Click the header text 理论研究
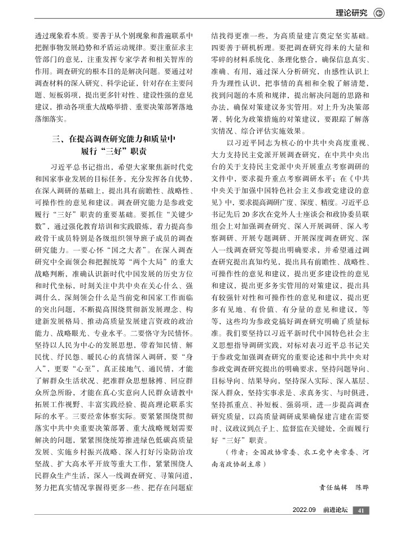[351, 12]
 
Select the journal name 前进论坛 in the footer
[334, 510]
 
